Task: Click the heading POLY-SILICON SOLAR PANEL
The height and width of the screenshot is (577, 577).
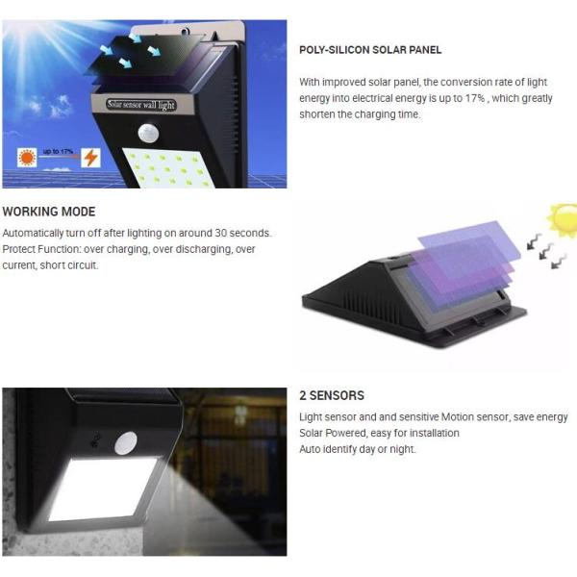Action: (x=370, y=50)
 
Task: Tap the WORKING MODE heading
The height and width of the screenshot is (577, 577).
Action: (x=49, y=212)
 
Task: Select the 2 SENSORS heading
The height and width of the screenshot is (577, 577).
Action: (x=332, y=395)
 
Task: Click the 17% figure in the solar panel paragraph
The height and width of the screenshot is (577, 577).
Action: (x=475, y=98)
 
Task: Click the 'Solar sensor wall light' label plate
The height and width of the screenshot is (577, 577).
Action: (x=141, y=105)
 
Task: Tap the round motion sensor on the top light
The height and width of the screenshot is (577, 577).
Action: (x=149, y=133)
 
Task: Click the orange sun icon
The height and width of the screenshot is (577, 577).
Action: (x=27, y=158)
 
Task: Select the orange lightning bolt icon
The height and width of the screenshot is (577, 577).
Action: (x=90, y=158)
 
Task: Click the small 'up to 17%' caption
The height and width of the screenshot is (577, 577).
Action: (x=58, y=151)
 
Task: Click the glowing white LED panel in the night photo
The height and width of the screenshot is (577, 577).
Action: (x=102, y=489)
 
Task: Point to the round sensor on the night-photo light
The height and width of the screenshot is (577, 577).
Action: (x=126, y=443)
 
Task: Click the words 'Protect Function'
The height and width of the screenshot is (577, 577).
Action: (x=41, y=249)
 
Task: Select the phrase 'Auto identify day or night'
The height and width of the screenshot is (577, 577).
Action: (x=357, y=449)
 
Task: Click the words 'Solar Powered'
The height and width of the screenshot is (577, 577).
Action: (x=333, y=433)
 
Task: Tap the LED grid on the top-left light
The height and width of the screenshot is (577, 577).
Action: (x=167, y=167)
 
